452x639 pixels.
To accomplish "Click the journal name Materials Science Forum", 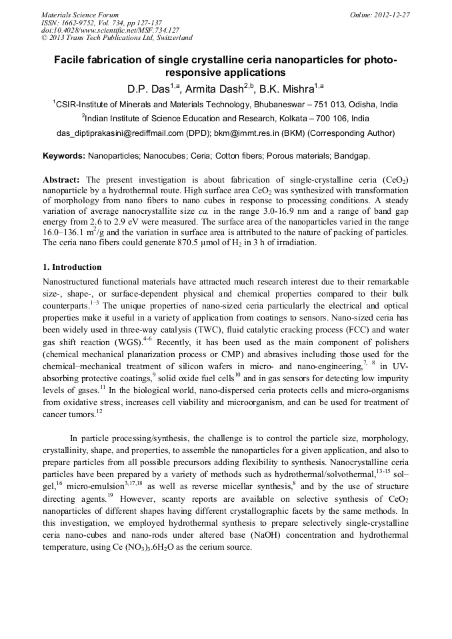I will pos(80,14).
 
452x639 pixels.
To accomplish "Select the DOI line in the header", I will pos(110,30).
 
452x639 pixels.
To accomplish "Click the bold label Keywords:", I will pos(63,157).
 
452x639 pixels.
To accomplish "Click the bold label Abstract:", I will pos(61,181).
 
